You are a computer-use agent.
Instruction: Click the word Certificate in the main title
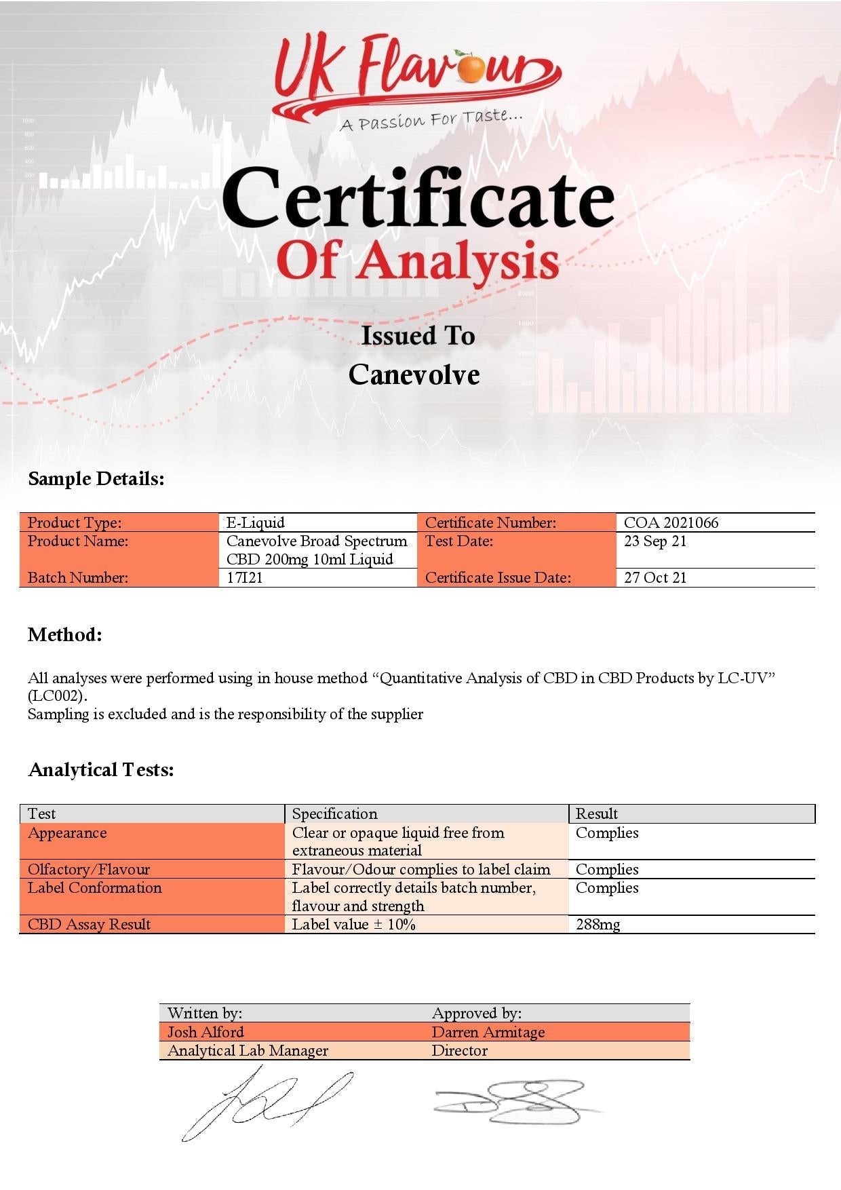click(418, 198)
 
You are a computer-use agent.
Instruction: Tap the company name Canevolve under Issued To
click(414, 375)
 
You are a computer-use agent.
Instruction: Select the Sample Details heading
click(96, 479)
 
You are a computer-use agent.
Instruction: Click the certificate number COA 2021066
click(671, 522)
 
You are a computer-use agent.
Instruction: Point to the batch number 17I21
click(244, 578)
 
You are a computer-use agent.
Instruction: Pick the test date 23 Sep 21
click(655, 541)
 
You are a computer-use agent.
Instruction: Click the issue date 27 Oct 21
click(655, 578)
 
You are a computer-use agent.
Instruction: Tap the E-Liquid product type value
click(256, 522)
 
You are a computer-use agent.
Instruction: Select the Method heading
click(65, 635)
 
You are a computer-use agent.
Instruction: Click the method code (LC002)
click(58, 696)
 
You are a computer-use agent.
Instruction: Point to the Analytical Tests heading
click(101, 770)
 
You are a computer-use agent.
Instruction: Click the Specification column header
click(334, 814)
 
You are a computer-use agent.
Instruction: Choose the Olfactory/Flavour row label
click(89, 870)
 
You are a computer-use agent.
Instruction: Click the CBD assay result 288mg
click(598, 925)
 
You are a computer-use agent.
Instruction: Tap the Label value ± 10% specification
click(353, 925)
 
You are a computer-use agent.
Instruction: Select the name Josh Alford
click(206, 1033)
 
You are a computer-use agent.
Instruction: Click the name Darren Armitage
click(488, 1033)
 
